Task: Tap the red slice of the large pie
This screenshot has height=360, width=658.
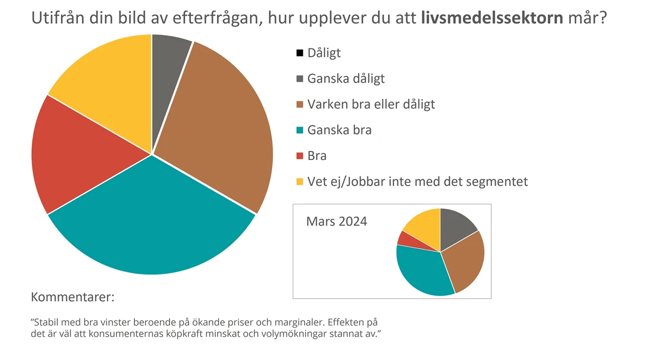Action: click(x=82, y=153)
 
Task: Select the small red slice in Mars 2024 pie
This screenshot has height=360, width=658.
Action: click(x=405, y=239)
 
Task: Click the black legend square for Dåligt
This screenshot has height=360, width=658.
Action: click(x=299, y=53)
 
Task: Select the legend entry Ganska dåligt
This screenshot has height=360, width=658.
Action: click(x=345, y=78)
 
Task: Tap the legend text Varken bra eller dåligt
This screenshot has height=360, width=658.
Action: click(x=371, y=104)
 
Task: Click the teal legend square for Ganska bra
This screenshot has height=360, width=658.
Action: click(x=299, y=130)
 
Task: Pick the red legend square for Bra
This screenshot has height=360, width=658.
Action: click(x=299, y=156)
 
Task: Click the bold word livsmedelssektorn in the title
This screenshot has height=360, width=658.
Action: click(x=492, y=18)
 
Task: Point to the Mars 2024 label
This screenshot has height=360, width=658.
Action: click(x=337, y=222)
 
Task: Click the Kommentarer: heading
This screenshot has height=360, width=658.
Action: click(x=73, y=298)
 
